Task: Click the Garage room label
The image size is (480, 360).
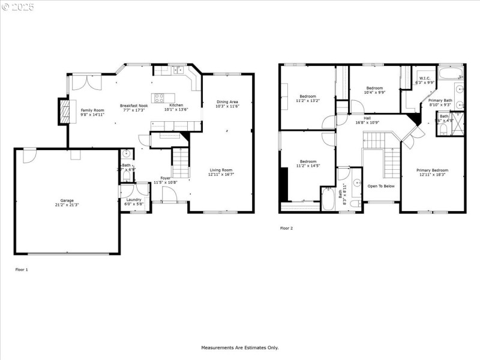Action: (x=67, y=200)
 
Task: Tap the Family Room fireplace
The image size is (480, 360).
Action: (x=64, y=112)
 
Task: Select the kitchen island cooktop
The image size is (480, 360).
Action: (x=160, y=98)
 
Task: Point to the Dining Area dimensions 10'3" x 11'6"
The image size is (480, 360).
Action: (x=227, y=106)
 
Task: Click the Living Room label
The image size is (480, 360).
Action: (x=221, y=170)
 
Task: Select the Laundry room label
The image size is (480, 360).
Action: (x=134, y=199)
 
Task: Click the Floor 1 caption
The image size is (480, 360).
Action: (x=22, y=270)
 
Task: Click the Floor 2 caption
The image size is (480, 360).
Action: (x=287, y=228)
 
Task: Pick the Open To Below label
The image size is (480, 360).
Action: (x=381, y=186)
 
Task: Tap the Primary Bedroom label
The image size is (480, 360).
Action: (x=432, y=170)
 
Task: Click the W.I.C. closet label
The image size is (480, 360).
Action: (x=425, y=78)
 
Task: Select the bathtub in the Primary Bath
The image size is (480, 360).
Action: (x=451, y=75)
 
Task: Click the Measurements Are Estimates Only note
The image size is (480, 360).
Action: (x=239, y=347)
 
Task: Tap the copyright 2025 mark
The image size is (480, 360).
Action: (x=18, y=7)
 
